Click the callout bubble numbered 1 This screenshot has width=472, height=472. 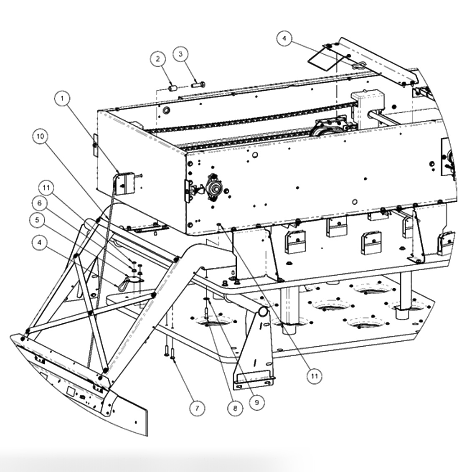point(63,99)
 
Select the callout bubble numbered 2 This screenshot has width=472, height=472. point(158,59)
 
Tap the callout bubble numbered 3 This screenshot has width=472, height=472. point(180,54)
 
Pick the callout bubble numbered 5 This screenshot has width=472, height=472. point(38,220)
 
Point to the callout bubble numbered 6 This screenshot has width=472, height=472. point(40,203)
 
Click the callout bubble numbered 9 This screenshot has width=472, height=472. point(256,402)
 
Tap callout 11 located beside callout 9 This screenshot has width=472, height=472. point(315,376)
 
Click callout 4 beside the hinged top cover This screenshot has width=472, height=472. point(284,39)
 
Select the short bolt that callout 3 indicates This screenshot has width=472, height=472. point(197,85)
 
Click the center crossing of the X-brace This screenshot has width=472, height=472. point(90,312)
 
